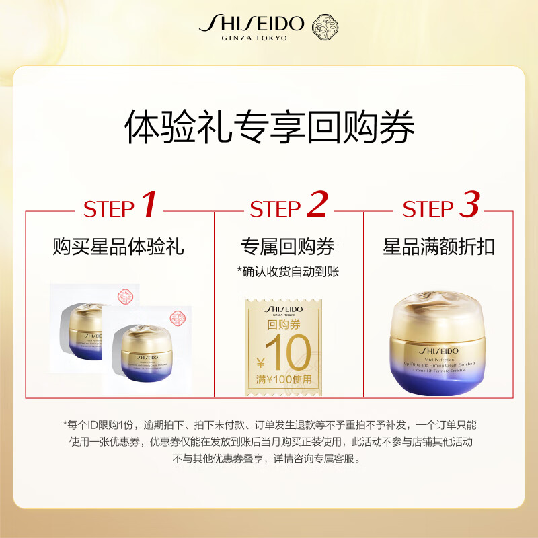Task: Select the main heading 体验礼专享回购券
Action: [269, 128]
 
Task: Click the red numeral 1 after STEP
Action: [149, 205]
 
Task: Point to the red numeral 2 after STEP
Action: [316, 205]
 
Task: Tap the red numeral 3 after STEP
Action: [469, 205]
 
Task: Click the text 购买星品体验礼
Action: [118, 247]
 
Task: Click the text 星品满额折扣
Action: [439, 247]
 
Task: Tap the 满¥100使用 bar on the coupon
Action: [284, 379]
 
